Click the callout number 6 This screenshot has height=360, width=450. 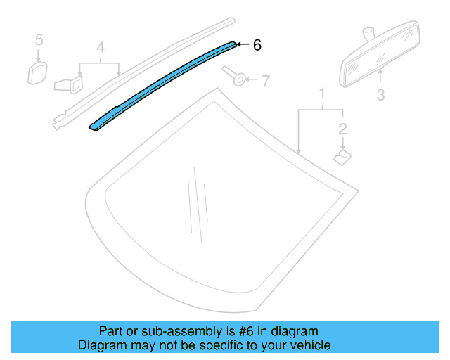(x=257, y=44)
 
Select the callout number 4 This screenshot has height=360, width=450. (x=101, y=48)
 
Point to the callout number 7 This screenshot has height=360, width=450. (x=265, y=81)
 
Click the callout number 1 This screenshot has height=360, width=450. (x=322, y=94)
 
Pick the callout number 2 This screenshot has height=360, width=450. (x=342, y=128)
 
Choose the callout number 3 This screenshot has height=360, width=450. (x=380, y=94)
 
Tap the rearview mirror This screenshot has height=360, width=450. (x=378, y=56)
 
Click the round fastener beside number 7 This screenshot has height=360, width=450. (x=237, y=77)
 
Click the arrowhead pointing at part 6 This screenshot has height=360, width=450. (x=239, y=44)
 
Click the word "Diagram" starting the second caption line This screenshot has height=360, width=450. (x=99, y=345)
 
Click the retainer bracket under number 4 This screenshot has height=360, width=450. (x=69, y=83)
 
